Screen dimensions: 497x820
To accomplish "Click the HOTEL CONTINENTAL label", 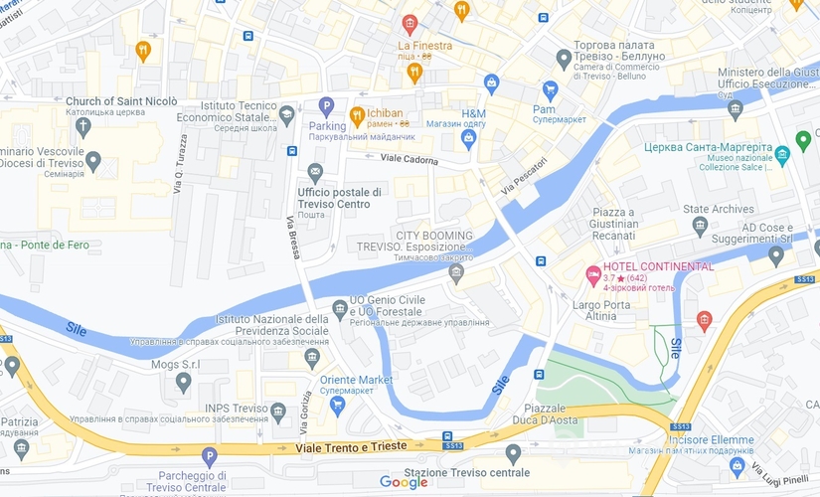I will pyautogui.click(x=658, y=266).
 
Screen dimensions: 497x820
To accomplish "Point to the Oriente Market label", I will pyautogui.click(x=356, y=380).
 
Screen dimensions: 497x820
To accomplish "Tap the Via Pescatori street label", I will pyautogui.click(x=524, y=175).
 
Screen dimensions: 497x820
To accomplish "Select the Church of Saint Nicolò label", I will pyautogui.click(x=121, y=101).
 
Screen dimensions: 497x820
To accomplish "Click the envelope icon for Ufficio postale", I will pyautogui.click(x=315, y=171).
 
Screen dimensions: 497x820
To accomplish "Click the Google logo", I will pyautogui.click(x=404, y=483).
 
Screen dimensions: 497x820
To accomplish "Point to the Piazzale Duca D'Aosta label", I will pyautogui.click(x=559, y=414).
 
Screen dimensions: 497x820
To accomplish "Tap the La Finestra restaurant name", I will pyautogui.click(x=424, y=46).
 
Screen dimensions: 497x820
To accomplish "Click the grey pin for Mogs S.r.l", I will pyautogui.click(x=183, y=382).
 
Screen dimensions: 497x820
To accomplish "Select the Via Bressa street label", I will pyautogui.click(x=293, y=238).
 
